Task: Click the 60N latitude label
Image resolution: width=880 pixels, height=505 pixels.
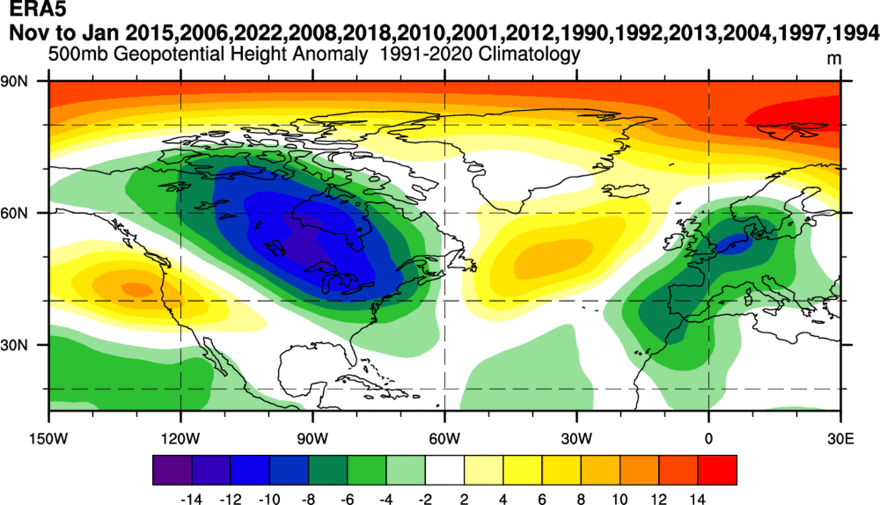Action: click(x=15, y=213)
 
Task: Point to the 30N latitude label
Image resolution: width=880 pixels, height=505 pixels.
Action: click(x=15, y=345)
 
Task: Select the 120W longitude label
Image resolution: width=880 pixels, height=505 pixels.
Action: click(x=181, y=437)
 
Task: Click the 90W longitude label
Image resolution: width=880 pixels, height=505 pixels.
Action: click(x=313, y=437)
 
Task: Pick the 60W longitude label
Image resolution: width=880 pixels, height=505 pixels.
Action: click(x=444, y=437)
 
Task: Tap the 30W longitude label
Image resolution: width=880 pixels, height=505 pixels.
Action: click(x=576, y=437)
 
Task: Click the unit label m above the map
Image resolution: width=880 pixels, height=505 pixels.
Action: click(x=834, y=59)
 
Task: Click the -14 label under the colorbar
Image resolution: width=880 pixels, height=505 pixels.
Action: click(x=191, y=497)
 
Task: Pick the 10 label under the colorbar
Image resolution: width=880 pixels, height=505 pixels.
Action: click(x=620, y=497)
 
